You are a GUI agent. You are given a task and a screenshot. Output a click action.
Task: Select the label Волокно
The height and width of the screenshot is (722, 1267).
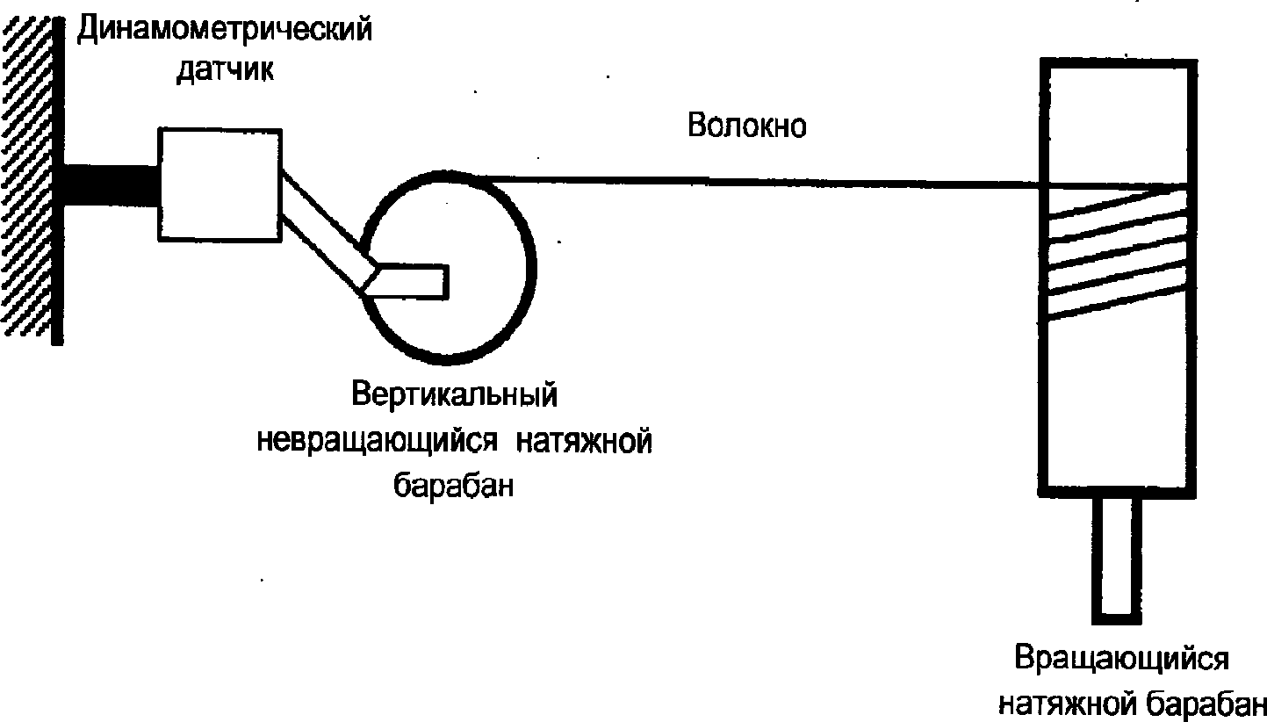coord(746,126)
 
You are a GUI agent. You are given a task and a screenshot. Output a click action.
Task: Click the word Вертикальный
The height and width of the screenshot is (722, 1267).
coord(455,394)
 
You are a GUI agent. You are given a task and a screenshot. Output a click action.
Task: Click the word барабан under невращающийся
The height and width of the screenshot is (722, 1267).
coord(452,485)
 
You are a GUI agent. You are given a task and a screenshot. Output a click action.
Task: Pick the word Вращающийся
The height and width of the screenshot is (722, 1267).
coord(1120,659)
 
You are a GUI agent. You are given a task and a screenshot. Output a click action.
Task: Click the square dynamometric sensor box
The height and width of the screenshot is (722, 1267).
coord(220,184)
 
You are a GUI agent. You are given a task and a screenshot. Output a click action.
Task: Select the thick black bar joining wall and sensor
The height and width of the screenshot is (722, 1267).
coord(111,184)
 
